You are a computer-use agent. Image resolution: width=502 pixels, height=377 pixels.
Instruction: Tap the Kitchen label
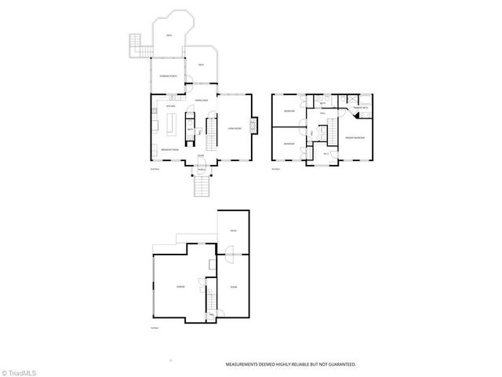coord(170,106)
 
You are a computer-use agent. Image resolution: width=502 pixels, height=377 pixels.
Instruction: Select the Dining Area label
coord(202,101)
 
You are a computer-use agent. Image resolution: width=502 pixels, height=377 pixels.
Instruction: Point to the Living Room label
coord(234,128)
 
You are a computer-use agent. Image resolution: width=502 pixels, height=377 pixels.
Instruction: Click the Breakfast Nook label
coord(170,149)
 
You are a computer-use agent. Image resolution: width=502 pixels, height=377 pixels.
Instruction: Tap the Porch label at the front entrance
coord(201,170)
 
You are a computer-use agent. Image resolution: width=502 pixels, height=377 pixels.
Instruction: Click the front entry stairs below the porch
coord(202,187)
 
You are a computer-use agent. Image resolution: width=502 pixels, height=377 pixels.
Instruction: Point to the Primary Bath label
coord(360,108)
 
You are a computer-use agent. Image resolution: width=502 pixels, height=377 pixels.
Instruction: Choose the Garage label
coord(181,287)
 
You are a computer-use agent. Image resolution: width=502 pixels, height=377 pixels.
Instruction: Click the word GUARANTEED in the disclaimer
coord(340,364)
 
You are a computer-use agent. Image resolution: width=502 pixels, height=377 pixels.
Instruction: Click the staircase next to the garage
coord(210,299)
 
